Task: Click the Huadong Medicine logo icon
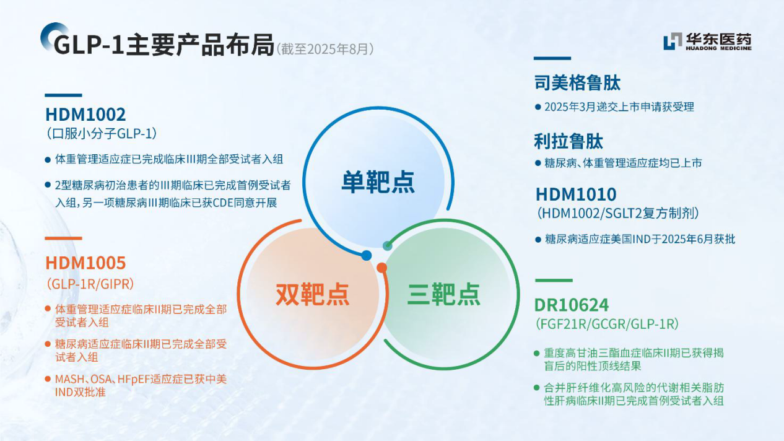[673, 41]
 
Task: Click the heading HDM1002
[85, 115]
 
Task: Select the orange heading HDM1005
[85, 263]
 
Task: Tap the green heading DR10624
[571, 305]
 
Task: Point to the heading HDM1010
[576, 194]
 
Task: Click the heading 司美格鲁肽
[578, 83]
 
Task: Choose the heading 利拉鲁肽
[568, 141]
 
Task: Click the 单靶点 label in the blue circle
[378, 182]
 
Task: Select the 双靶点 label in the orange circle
[313, 294]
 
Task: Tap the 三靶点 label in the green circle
[443, 294]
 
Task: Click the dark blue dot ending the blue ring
[366, 256]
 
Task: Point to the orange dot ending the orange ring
[381, 268]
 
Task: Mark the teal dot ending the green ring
[387, 246]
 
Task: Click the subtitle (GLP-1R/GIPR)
[90, 284]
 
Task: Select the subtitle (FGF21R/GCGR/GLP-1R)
[607, 324]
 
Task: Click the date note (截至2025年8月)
[325, 50]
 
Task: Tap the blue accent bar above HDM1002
[63, 95]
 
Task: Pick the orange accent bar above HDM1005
[63, 238]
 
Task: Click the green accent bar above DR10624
[554, 281]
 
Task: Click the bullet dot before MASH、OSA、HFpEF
[48, 378]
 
